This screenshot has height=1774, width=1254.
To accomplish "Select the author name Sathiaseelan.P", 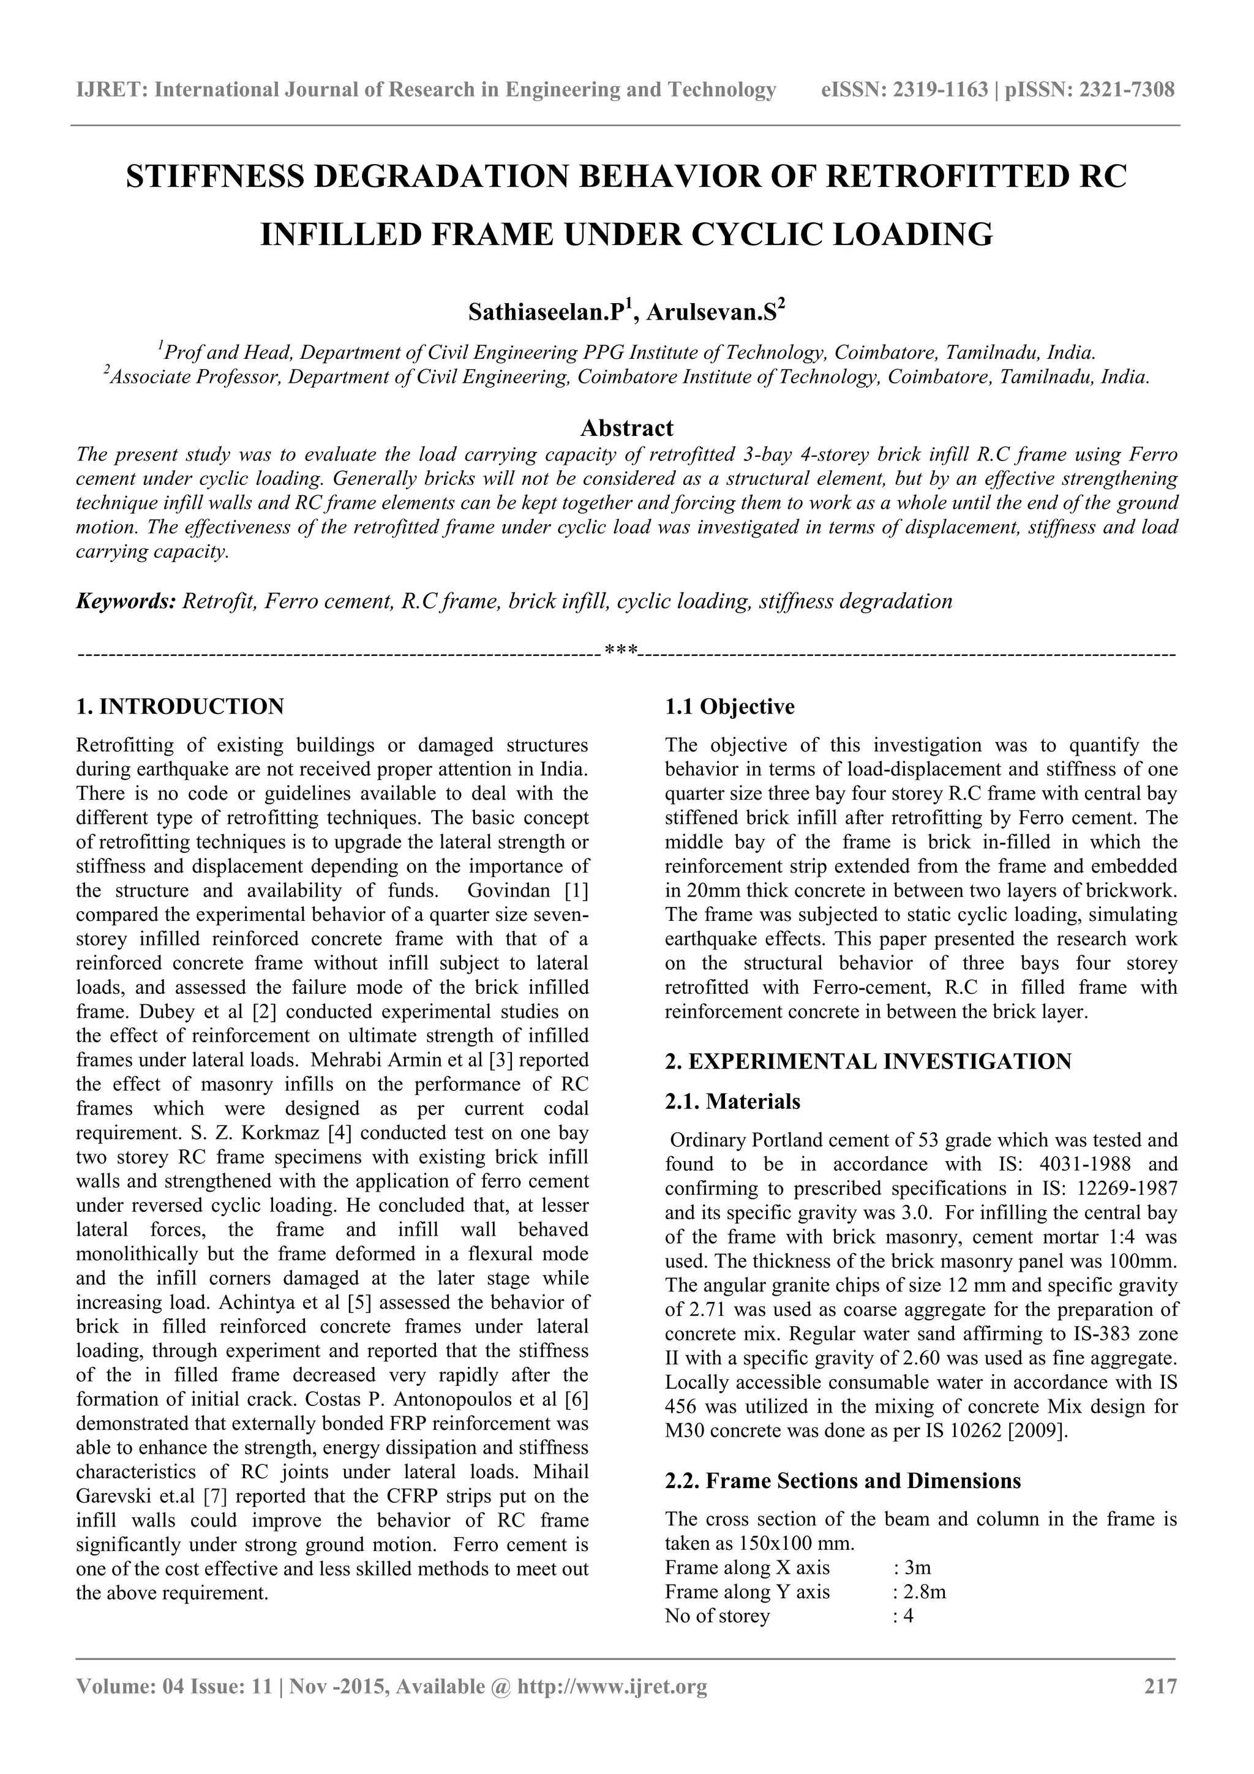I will pyautogui.click(x=548, y=313).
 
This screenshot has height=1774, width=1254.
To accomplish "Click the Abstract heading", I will pyautogui.click(x=626, y=427).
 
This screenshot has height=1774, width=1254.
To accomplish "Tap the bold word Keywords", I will pyautogui.click(x=126, y=601).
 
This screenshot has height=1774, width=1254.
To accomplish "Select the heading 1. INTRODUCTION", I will pyautogui.click(x=180, y=706).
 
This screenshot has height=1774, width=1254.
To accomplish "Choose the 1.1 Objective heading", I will pyautogui.click(x=729, y=706).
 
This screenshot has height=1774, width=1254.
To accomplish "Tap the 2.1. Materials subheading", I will pyautogui.click(x=732, y=1101).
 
